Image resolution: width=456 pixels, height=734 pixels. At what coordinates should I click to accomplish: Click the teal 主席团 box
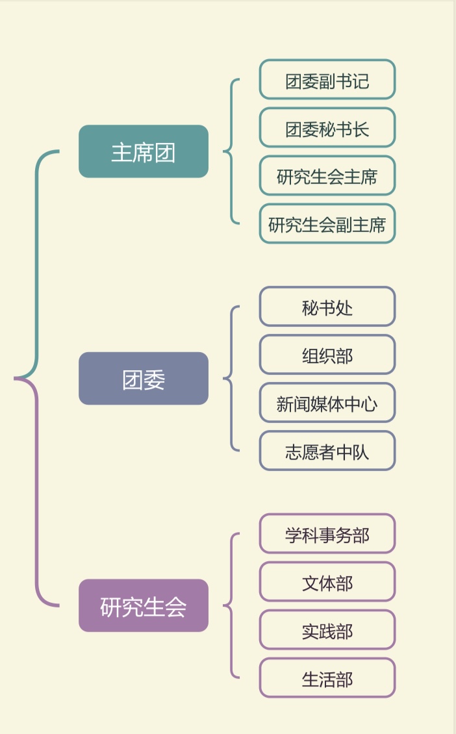pyautogui.click(x=144, y=151)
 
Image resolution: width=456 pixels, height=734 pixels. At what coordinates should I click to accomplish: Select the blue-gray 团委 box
pyautogui.click(x=144, y=379)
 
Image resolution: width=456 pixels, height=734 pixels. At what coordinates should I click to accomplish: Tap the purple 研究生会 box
pyautogui.click(x=144, y=605)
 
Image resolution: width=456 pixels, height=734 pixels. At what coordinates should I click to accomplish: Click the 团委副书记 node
pyautogui.click(x=327, y=80)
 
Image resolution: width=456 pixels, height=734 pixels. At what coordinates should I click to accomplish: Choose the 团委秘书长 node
pyautogui.click(x=327, y=128)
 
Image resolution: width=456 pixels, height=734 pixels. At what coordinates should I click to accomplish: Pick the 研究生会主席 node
pyautogui.click(x=327, y=176)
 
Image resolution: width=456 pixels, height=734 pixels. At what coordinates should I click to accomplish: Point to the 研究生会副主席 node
pyautogui.click(x=327, y=224)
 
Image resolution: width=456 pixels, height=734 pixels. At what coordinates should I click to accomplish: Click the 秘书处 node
pyautogui.click(x=327, y=307)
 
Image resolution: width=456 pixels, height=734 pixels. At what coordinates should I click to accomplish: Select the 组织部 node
pyautogui.click(x=327, y=355)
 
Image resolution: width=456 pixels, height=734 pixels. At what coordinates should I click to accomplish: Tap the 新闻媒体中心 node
pyautogui.click(x=327, y=403)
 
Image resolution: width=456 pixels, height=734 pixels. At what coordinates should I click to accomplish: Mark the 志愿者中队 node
pyautogui.click(x=327, y=451)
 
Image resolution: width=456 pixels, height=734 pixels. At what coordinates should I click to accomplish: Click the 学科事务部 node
pyautogui.click(x=327, y=534)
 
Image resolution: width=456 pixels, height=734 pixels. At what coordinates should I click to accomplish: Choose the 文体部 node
pyautogui.click(x=327, y=582)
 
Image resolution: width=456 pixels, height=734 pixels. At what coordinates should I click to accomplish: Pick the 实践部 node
pyautogui.click(x=327, y=630)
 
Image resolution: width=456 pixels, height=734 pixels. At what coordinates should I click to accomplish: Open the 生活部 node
pyautogui.click(x=327, y=678)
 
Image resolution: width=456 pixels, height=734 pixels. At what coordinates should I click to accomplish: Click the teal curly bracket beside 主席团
pyautogui.click(x=231, y=151)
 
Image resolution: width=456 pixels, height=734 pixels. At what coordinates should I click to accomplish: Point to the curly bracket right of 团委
pyautogui.click(x=231, y=379)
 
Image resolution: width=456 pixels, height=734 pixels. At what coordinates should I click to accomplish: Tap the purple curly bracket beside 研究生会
pyautogui.click(x=231, y=605)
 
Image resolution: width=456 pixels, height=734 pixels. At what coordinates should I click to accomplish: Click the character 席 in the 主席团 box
pyautogui.click(x=144, y=152)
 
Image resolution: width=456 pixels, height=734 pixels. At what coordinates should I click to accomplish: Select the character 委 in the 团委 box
pyautogui.click(x=155, y=379)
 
